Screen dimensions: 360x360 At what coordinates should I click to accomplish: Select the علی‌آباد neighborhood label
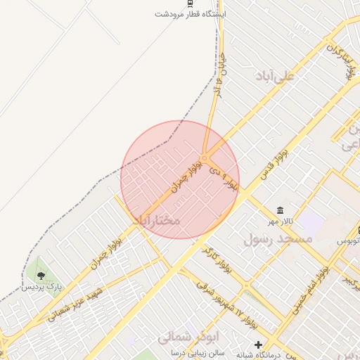pyautogui.click(x=275, y=75)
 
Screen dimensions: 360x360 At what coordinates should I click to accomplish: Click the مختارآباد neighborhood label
pyautogui.click(x=156, y=220)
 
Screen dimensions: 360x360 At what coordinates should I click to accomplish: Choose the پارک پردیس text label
pyautogui.click(x=41, y=287)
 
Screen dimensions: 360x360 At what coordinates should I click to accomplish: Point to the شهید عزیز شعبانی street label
pyautogui.click(x=75, y=303)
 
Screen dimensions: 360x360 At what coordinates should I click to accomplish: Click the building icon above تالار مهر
pyautogui.click(x=281, y=211)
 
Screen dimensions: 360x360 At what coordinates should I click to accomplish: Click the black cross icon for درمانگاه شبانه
pyautogui.click(x=259, y=345)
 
